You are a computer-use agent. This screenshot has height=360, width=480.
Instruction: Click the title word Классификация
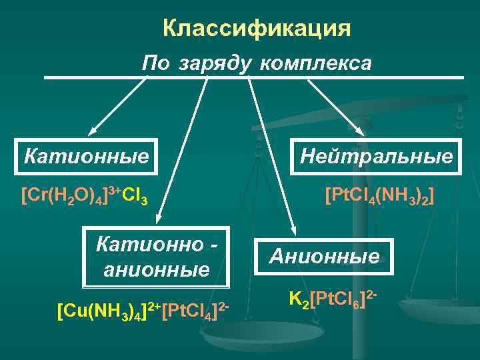tap(256, 29)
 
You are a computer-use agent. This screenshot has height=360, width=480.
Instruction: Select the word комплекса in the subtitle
tap(315, 63)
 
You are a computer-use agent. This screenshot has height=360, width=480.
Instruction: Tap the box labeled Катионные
tap(87, 157)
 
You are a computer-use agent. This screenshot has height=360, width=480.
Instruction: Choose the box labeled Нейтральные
tap(376, 157)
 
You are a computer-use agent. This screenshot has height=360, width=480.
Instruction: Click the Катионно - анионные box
tap(157, 257)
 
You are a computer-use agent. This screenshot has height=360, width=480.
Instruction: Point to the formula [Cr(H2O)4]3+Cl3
tap(84, 196)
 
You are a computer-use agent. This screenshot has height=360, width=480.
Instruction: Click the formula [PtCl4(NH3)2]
tap(379, 196)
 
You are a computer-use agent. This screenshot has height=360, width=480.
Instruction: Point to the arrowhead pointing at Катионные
tap(92, 133)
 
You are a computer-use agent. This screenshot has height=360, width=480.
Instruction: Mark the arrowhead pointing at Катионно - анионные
tap(158, 219)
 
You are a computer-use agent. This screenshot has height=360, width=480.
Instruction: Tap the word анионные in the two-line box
tap(157, 270)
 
